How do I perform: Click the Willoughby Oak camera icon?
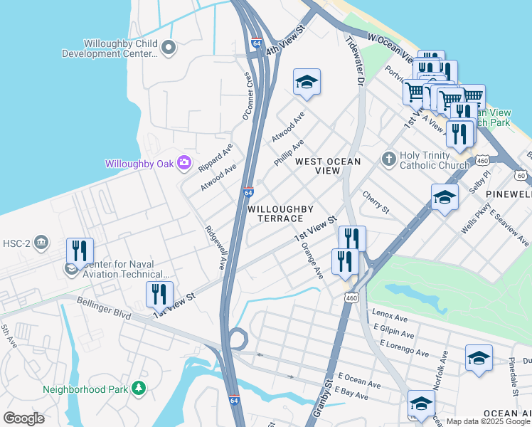184,163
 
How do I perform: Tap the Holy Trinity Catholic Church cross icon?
388,157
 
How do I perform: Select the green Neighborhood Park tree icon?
139,389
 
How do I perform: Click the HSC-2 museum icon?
41,243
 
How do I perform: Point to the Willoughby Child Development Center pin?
169,48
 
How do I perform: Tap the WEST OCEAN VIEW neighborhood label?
328,166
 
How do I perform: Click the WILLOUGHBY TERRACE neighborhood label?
280,213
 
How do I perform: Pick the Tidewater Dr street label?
354,63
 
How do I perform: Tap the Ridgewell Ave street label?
215,247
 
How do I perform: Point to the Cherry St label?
376,201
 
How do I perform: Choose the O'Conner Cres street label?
248,95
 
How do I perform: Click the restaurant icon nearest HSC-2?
80,251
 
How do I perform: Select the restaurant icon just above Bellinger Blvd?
159,294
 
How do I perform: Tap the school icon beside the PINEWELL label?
445,197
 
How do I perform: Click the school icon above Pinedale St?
479,358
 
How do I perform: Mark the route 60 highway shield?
521,175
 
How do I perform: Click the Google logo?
24,418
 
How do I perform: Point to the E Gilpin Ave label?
393,332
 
